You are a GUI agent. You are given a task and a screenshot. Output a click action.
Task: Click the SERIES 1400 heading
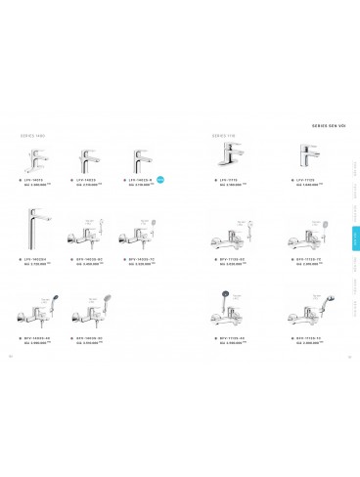pos(32,136)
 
